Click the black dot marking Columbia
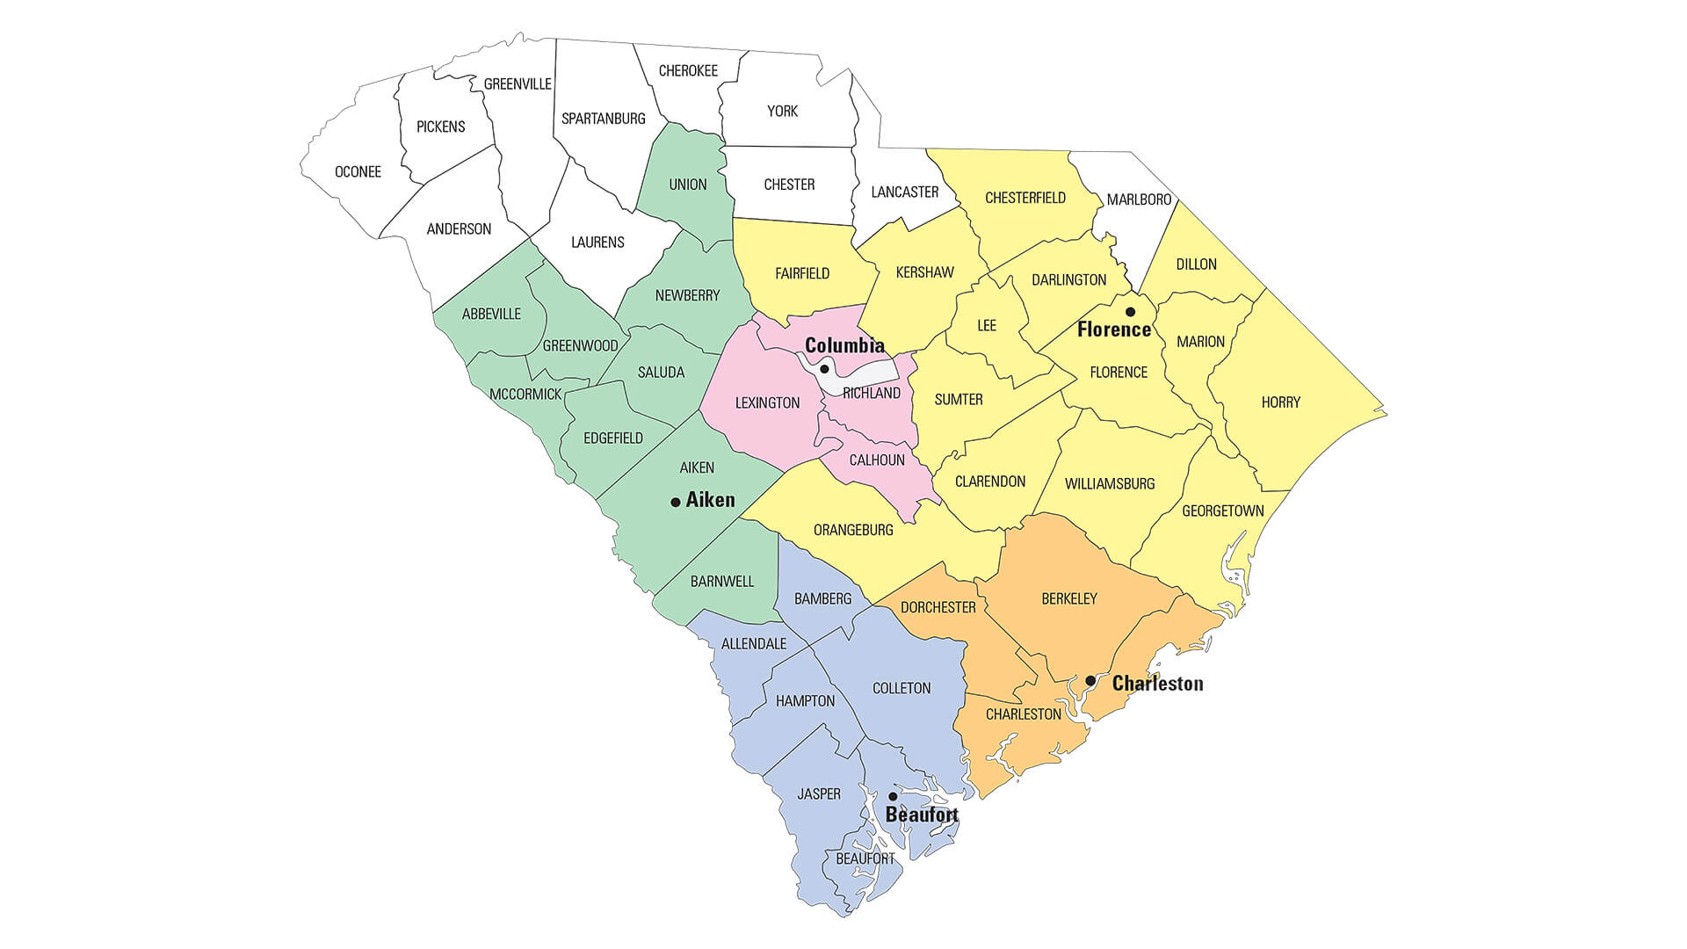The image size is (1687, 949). [824, 369]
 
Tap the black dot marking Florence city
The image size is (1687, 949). [1130, 312]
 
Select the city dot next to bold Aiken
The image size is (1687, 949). [676, 502]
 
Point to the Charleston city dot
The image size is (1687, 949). [1090, 681]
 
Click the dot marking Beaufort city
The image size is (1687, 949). [893, 796]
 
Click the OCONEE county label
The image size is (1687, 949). [358, 171]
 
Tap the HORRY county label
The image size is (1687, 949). [1280, 402]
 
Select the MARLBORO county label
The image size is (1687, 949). [1139, 199]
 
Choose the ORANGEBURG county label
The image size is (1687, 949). [853, 530]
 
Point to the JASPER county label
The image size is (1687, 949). [819, 793]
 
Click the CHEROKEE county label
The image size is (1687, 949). [688, 70]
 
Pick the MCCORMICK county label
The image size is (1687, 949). [525, 394]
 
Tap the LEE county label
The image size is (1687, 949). [987, 325]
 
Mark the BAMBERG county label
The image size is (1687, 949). [822, 598]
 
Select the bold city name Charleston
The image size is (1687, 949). [1157, 683]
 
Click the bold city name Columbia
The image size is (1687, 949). [844, 345]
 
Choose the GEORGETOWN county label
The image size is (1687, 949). [1222, 511]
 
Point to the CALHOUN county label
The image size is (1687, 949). [877, 460]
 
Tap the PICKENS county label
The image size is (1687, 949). [440, 127]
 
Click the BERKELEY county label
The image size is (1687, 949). [1068, 598]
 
